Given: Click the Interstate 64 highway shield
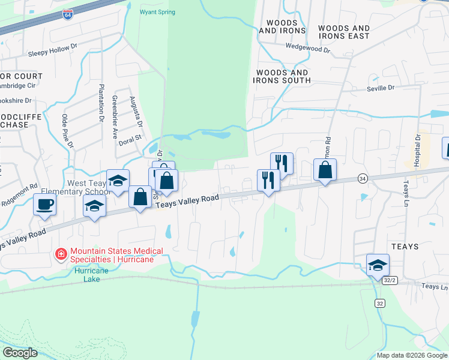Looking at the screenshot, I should [x=68, y=14].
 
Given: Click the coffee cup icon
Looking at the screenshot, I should [x=45, y=204].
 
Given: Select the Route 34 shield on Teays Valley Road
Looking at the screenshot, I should [x=362, y=178].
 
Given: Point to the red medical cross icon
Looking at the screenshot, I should [x=61, y=255].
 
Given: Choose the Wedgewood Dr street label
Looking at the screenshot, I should [x=308, y=46].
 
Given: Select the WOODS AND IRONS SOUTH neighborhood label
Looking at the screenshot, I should [x=283, y=76].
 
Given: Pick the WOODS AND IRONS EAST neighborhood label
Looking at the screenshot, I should [x=344, y=32].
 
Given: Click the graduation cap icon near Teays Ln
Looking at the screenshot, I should [x=378, y=264].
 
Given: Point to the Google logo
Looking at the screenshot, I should [x=20, y=353].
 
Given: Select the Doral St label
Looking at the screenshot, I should [x=129, y=137].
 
